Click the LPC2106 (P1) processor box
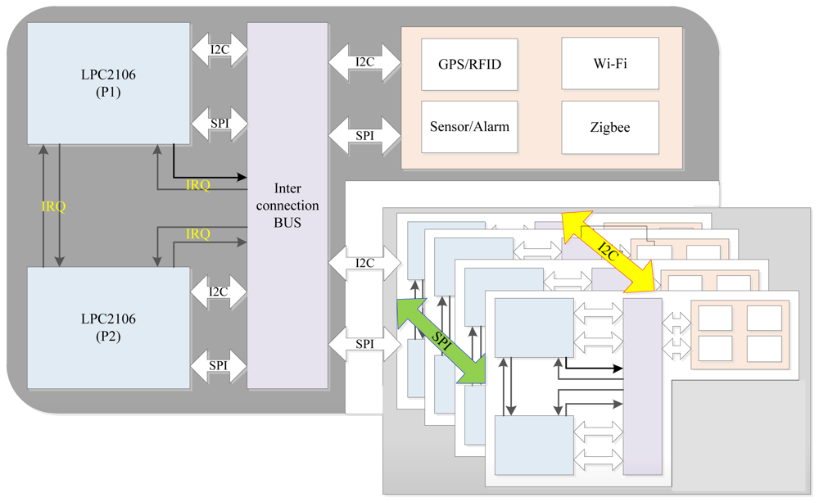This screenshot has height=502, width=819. pyautogui.click(x=108, y=84)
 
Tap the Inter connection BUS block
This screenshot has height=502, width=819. pyautogui.click(x=287, y=205)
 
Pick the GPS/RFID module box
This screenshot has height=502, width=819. pyautogui.click(x=469, y=64)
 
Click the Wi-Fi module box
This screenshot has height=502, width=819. pyautogui.click(x=609, y=64)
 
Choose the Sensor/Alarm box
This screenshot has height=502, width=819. pyautogui.click(x=469, y=127)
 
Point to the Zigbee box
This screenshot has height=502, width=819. pyautogui.click(x=609, y=127)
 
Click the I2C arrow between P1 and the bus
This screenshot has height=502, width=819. pyautogui.click(x=219, y=50)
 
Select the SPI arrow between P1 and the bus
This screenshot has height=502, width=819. pyautogui.click(x=219, y=124)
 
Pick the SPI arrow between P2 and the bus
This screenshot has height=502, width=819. pyautogui.click(x=219, y=365)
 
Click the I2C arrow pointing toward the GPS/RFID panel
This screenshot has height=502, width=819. pyautogui.click(x=364, y=62)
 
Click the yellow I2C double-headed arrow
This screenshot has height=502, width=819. pyautogui.click(x=610, y=251)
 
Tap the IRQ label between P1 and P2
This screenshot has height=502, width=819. pyautogui.click(x=53, y=206)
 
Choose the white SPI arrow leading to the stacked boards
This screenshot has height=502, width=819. pyautogui.click(x=364, y=344)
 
